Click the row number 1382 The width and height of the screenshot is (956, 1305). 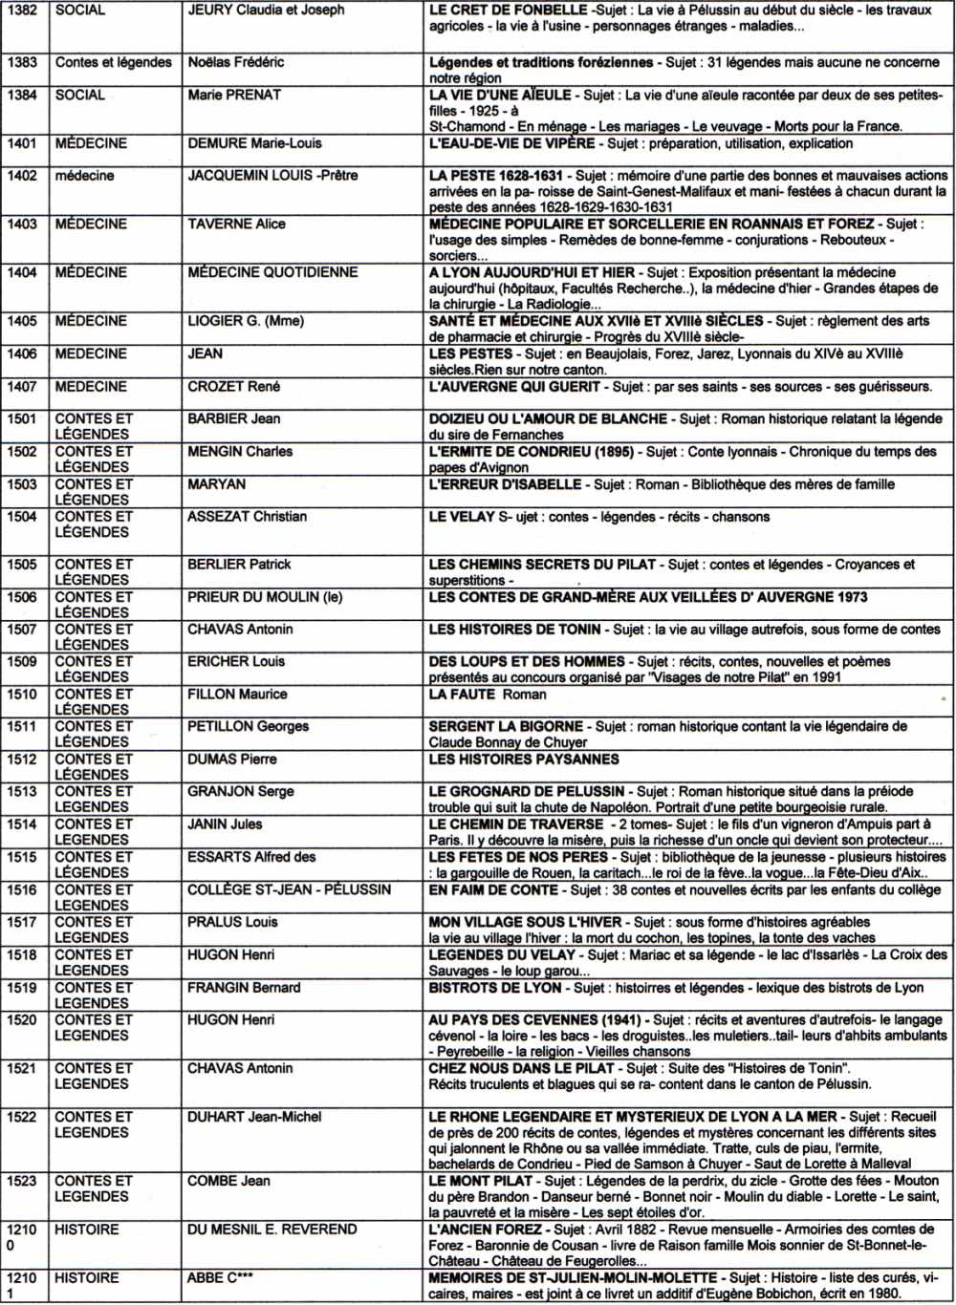pos(22,11)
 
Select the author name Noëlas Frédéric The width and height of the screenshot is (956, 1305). pos(235,62)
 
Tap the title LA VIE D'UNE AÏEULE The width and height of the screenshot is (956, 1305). pos(500,96)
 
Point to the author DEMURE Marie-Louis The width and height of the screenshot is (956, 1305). pos(254,143)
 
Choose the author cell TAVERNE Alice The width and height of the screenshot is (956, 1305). pos(236,224)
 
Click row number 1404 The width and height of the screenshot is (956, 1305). pos(22,272)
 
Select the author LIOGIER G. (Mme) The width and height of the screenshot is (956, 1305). pos(246,321)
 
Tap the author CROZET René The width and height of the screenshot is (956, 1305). pos(233,387)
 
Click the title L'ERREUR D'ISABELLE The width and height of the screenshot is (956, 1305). pos(505,484)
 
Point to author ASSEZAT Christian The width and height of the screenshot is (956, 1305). pos(247,517)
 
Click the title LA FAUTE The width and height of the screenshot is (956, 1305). pos(462,695)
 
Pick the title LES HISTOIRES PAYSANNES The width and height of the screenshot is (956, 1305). pos(524,759)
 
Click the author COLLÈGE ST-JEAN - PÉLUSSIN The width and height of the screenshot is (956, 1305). pos(289,889)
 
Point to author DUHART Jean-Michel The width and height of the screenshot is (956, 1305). pos(254,1117)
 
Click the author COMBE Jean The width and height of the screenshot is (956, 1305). pos(228,1181)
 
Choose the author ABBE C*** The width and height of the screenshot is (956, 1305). pos(220,1278)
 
